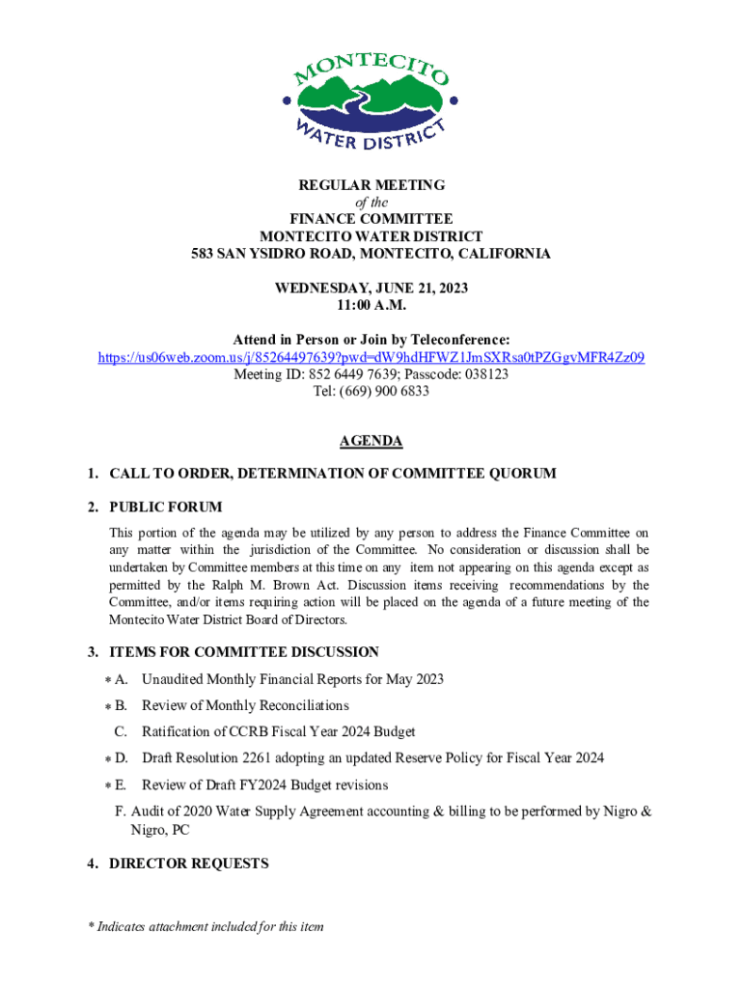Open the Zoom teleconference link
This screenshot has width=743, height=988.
[371, 358]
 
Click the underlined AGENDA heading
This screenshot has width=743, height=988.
[371, 441]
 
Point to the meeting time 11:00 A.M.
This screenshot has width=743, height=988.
[371, 306]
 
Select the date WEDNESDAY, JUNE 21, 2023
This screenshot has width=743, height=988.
[371, 288]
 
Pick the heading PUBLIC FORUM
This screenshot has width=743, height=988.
[165, 508]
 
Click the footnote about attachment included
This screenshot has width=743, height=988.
[205, 927]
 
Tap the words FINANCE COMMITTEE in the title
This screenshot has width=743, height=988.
[371, 219]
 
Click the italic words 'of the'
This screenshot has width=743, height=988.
[371, 202]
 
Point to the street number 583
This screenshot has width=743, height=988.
[203, 254]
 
